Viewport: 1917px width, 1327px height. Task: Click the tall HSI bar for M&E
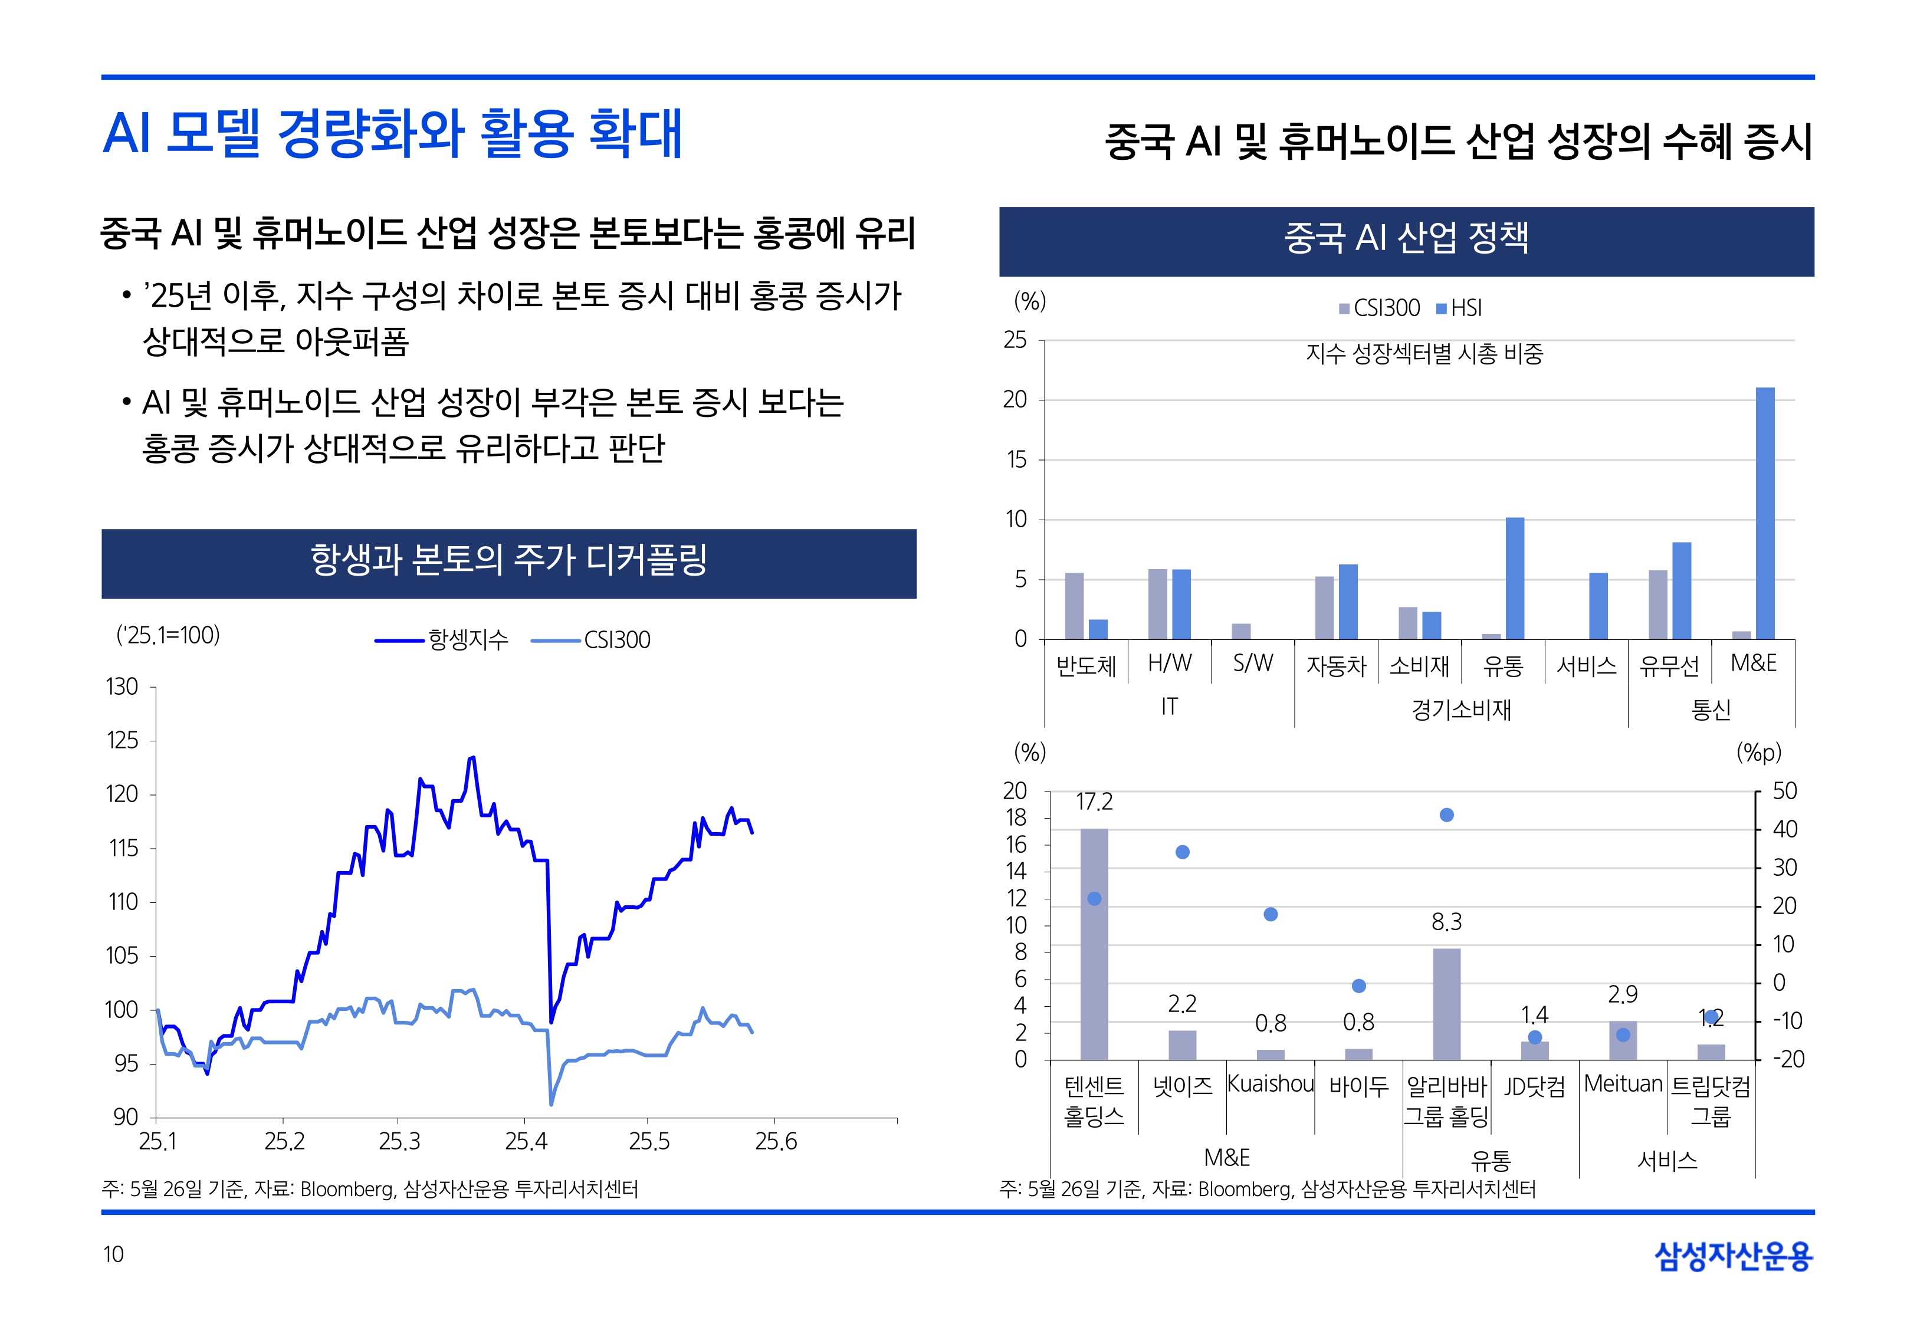1764,513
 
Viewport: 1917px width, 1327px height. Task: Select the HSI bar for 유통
1515,578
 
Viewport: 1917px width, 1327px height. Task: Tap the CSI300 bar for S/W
1240,631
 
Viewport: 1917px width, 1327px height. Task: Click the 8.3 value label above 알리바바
1446,921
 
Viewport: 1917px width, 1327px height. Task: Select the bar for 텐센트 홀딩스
1094,944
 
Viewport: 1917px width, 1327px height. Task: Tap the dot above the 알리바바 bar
1446,815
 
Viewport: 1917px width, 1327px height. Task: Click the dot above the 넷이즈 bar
1182,852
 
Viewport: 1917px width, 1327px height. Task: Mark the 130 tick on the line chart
122,687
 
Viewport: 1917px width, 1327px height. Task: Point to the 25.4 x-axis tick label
526,1142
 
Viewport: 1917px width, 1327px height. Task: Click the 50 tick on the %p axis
1784,791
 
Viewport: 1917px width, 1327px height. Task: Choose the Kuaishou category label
1271,1083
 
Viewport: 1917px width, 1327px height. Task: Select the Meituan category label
1623,1083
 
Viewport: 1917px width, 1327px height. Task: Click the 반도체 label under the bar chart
1086,665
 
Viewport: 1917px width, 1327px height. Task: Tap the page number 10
113,1254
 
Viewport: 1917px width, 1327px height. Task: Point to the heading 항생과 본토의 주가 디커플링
509,560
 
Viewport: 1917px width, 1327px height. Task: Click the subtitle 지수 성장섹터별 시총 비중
1424,354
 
